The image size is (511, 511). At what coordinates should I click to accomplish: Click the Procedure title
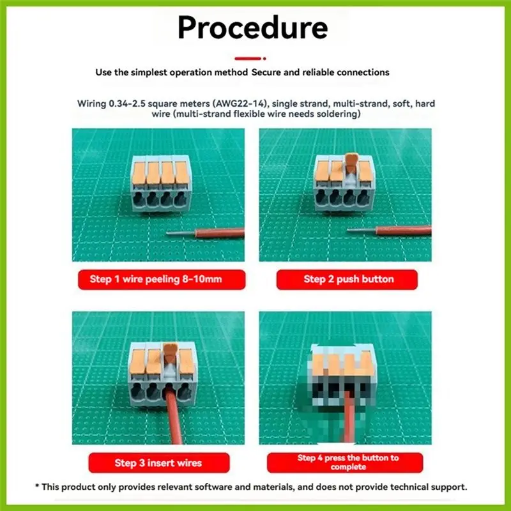(x=252, y=28)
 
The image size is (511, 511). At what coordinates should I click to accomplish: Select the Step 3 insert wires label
(x=159, y=462)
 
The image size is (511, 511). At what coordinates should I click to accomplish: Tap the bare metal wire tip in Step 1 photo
(x=181, y=233)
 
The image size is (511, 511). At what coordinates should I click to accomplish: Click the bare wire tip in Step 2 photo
(x=362, y=230)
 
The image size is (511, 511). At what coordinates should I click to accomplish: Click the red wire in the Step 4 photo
(x=349, y=417)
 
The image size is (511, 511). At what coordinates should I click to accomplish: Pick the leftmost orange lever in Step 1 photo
(x=139, y=173)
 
